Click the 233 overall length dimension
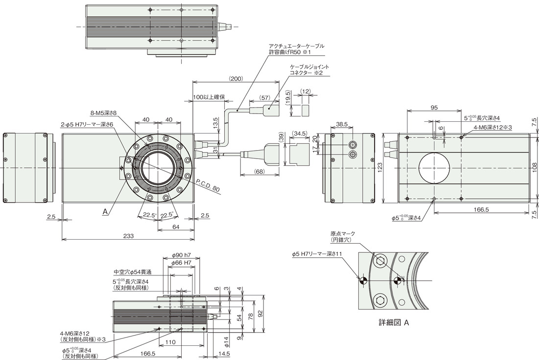click(128, 236)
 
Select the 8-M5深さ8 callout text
click(104, 112)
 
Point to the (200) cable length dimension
click(236, 78)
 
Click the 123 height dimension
click(380, 167)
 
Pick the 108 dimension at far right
click(534, 167)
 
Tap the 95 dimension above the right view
click(434, 108)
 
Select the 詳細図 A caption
click(394, 322)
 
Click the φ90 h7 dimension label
click(181, 256)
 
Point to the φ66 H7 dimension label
click(181, 263)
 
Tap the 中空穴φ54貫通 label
click(133, 272)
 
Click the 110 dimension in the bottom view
click(170, 342)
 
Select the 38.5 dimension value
click(341, 124)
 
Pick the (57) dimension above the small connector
click(264, 98)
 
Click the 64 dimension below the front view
click(176, 226)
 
